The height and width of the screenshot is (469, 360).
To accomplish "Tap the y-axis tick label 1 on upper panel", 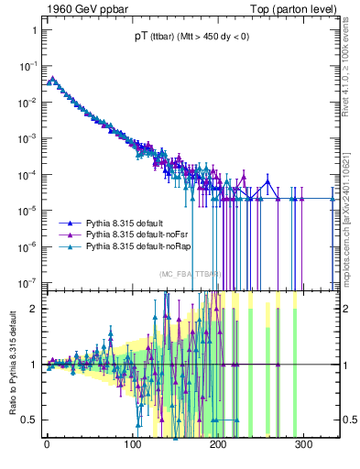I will coord(32,30).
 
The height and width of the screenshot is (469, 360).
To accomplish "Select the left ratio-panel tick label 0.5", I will coord(28,420).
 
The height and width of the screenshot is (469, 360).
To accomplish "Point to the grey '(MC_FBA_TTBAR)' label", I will coord(189,274).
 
